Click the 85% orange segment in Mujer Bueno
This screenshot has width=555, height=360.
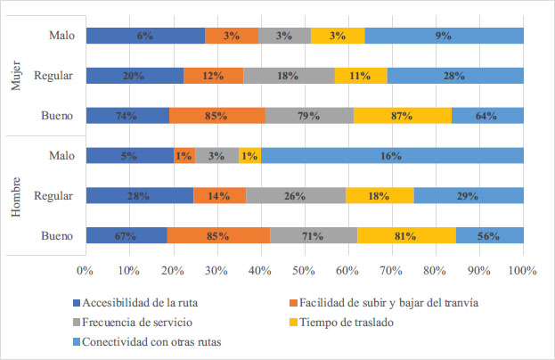(216, 115)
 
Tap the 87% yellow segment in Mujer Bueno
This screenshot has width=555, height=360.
(403, 115)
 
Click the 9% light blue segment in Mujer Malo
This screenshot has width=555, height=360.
(444, 36)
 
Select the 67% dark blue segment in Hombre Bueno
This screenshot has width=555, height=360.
(126, 236)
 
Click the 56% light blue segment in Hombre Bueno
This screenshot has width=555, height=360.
(489, 236)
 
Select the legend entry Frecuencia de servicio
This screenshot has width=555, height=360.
(137, 322)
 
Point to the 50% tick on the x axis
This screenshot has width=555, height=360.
(304, 270)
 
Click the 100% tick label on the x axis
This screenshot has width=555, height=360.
(522, 270)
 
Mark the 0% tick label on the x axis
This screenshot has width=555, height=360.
(86, 270)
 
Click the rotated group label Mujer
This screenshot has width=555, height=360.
(16, 76)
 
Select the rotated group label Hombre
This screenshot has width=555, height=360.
(16, 196)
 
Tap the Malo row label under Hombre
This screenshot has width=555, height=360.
(61, 156)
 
